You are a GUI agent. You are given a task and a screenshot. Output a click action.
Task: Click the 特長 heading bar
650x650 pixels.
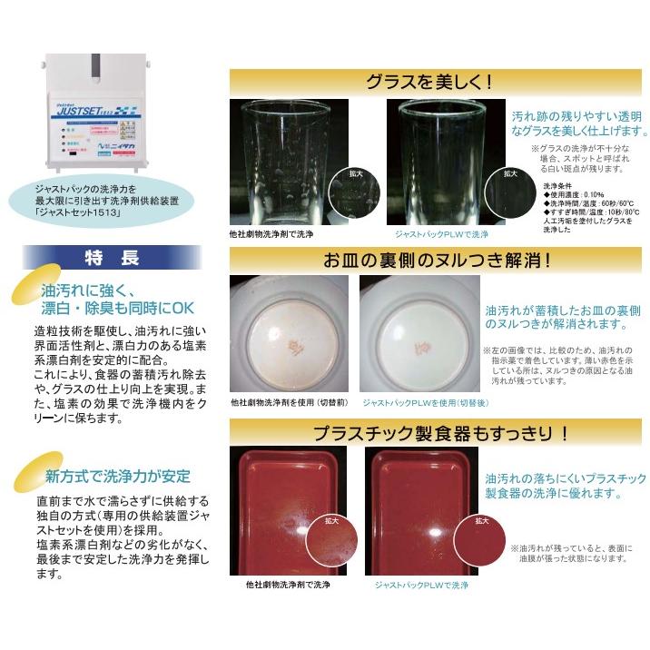112,258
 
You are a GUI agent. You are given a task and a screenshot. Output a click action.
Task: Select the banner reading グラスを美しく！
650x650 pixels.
435,81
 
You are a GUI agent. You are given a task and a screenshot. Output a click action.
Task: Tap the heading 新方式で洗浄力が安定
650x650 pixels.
119,476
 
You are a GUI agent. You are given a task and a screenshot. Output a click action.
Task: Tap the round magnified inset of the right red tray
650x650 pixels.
481,545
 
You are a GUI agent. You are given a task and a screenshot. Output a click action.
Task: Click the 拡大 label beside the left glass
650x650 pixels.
357,172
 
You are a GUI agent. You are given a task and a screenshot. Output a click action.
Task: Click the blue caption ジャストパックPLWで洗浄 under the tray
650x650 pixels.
421,586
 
